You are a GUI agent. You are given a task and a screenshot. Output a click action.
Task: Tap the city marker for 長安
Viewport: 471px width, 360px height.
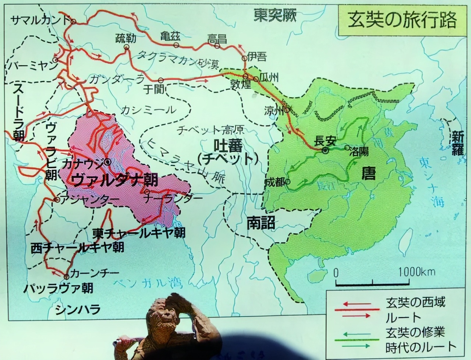(325, 150)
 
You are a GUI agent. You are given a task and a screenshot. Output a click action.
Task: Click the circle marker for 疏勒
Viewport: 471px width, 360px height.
(127, 47)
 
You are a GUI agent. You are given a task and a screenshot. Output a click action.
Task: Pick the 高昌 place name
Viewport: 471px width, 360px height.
(217, 38)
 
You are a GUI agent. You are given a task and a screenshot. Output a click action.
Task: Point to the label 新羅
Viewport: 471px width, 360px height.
(457, 144)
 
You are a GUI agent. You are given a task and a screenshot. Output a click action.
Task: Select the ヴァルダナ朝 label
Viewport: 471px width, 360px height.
(116, 180)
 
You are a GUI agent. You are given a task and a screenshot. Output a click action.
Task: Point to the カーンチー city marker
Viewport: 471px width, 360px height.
(66, 277)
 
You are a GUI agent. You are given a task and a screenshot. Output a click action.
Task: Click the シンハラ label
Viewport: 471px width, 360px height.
(78, 310)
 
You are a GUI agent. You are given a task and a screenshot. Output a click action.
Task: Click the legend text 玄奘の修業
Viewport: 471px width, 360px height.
(415, 332)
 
